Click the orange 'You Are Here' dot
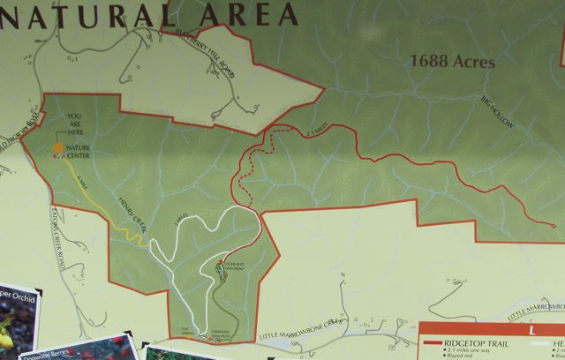[x=58, y=147]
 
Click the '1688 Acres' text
[x=453, y=63]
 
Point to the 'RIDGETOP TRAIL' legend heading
[x=478, y=344]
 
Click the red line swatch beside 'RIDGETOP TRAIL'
[x=433, y=344]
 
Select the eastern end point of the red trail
[x=552, y=226]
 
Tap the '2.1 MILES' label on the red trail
[x=314, y=133]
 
